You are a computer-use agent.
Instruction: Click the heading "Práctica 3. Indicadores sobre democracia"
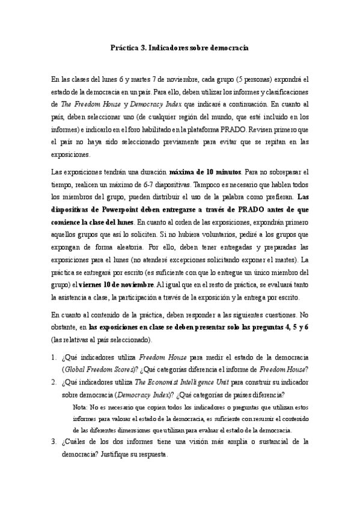point(180,46)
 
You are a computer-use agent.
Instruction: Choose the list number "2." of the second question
point(54,381)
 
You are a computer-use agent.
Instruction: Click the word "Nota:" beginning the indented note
point(80,407)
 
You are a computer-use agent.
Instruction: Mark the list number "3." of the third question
point(54,442)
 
